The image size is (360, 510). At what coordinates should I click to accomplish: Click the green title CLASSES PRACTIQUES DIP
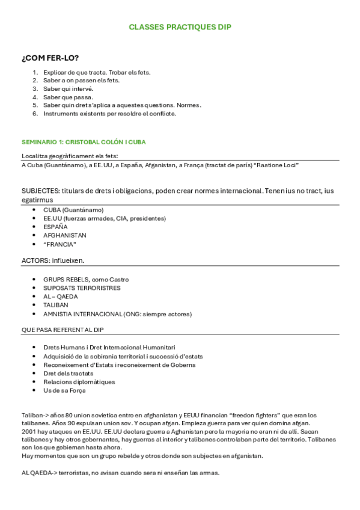pyautogui.click(x=180, y=27)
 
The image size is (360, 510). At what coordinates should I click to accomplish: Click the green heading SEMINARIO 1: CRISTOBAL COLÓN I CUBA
pyautogui.click(x=84, y=142)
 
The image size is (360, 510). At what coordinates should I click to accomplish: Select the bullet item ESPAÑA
pyautogui.click(x=55, y=227)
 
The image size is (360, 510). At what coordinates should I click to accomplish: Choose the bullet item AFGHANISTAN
pyautogui.click(x=64, y=235)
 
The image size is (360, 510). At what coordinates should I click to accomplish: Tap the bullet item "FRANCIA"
pyautogui.click(x=59, y=244)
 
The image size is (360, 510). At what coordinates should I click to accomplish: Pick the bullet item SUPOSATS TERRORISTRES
pyautogui.click(x=82, y=288)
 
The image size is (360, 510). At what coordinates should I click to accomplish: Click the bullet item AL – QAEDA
pyautogui.click(x=61, y=296)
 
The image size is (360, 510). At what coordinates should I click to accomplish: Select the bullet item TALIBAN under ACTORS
pyautogui.click(x=56, y=305)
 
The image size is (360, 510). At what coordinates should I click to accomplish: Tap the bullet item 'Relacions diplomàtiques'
pyautogui.click(x=79, y=382)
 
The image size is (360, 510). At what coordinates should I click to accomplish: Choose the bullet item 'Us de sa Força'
pyautogui.click(x=64, y=390)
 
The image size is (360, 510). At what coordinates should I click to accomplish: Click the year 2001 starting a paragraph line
pyautogui.click(x=28, y=432)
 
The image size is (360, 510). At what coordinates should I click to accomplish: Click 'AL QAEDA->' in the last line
pyautogui.click(x=39, y=473)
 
